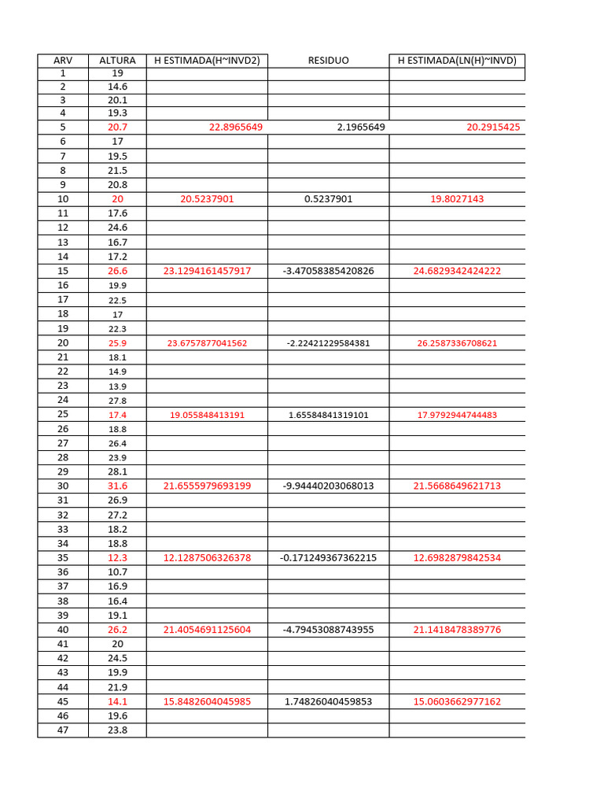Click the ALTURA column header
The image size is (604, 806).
coord(117,61)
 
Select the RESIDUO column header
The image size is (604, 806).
coord(328,61)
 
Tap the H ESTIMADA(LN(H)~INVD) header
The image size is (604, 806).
coord(457,61)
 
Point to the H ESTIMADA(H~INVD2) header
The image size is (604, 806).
coord(207,61)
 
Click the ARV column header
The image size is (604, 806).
coord(63,61)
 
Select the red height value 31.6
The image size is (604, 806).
coord(117,486)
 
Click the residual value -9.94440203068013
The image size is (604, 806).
coord(328,486)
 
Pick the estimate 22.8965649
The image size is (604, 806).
coord(236,127)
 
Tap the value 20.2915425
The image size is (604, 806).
coord(488,127)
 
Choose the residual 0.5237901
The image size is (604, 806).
coord(328,199)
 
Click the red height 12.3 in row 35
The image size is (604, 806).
coord(117,558)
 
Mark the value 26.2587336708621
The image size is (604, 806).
coord(457,343)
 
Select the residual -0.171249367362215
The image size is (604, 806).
coord(328,558)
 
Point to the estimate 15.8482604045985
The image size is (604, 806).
coord(207,702)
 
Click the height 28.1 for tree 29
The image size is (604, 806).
coord(117,471)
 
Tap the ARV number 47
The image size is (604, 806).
coord(63,730)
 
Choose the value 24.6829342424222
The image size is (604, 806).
coord(457,271)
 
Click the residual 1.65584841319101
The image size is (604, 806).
coord(328,415)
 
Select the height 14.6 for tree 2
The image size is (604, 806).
coord(117,87)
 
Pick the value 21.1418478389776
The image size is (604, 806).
coord(457,630)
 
